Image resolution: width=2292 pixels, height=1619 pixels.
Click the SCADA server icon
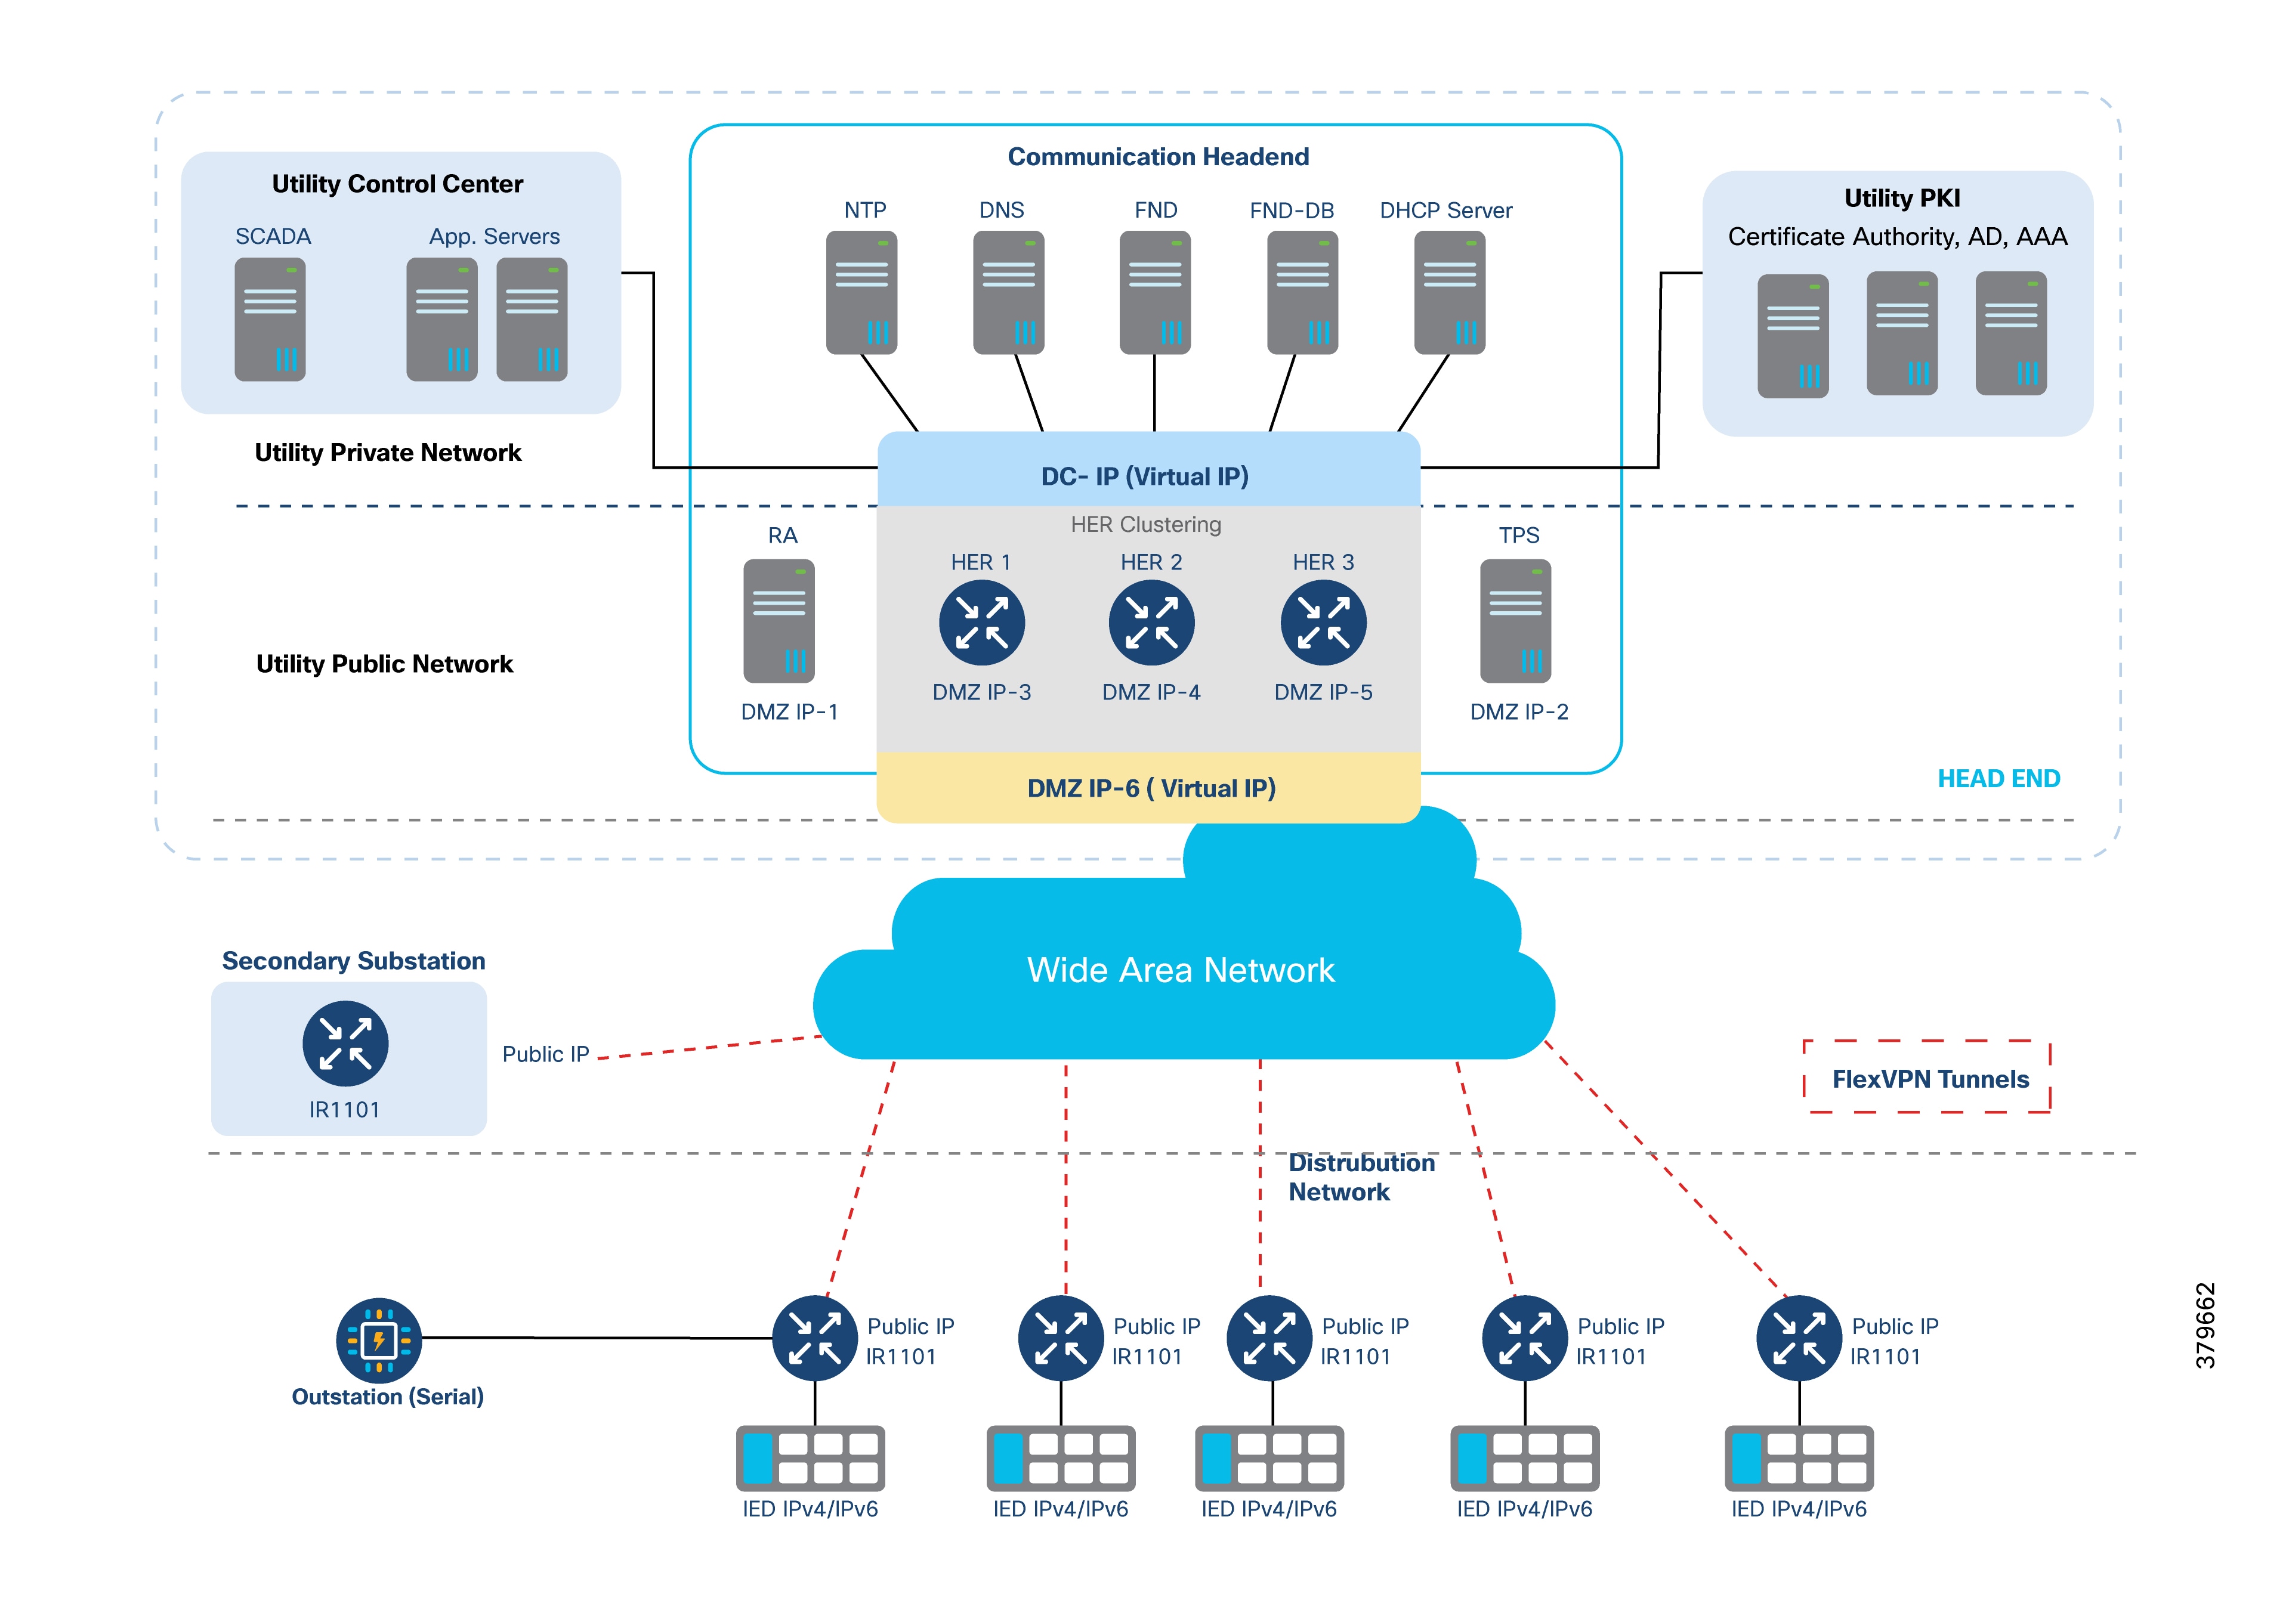[x=270, y=320]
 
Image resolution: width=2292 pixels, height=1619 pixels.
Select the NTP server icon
[x=861, y=292]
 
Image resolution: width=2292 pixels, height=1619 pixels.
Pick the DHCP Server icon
[x=1450, y=292]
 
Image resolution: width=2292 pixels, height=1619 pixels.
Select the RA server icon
[x=779, y=621]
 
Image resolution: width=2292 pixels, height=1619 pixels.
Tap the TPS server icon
[x=1515, y=621]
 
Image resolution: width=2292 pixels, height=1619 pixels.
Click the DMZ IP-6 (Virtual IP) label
[x=1151, y=788]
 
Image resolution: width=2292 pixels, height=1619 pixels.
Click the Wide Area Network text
[x=1181, y=970]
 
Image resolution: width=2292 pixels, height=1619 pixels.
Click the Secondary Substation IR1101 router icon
[x=345, y=1043]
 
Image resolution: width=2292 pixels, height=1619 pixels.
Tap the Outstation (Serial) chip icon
[x=378, y=1339]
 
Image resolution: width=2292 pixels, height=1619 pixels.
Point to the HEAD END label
[x=1998, y=779]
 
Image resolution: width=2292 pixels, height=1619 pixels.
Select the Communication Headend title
[x=1158, y=157]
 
